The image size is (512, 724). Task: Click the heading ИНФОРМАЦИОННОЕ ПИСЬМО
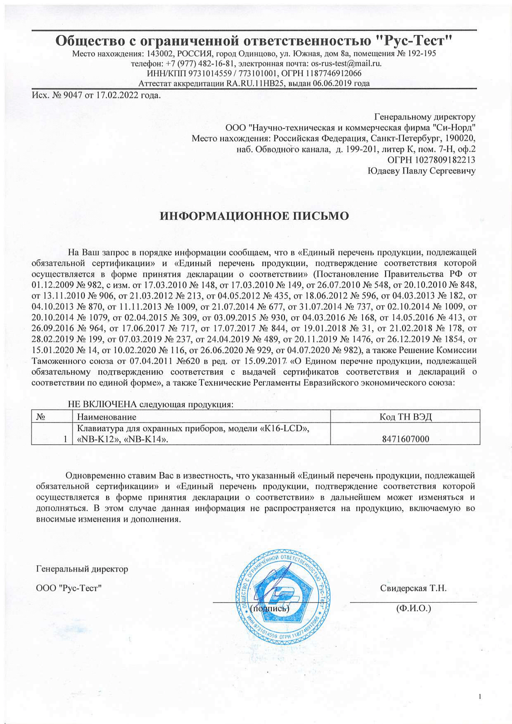click(x=254, y=216)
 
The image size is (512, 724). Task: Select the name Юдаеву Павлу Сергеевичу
click(x=421, y=171)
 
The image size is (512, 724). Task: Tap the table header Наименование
click(x=106, y=417)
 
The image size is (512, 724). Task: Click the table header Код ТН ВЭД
click(x=405, y=417)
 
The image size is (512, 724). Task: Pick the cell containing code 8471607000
click(x=405, y=439)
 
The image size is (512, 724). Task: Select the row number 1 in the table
click(x=65, y=439)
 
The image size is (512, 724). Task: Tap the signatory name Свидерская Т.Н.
click(x=413, y=588)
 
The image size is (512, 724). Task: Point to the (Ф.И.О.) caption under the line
click(x=413, y=608)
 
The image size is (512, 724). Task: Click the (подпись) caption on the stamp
click(x=270, y=608)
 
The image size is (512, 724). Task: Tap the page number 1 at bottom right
click(x=479, y=697)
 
